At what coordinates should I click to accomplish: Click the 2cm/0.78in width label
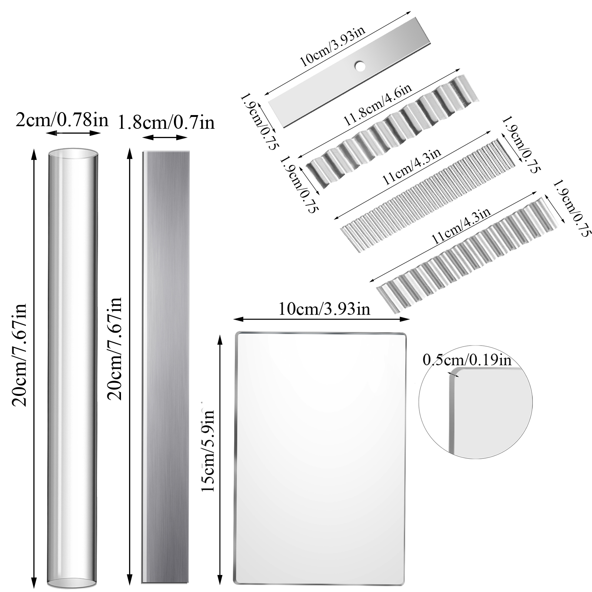(62, 120)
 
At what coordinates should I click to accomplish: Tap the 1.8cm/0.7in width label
(166, 122)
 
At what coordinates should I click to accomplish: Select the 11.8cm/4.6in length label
(378, 105)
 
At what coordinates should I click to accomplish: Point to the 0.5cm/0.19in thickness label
(467, 360)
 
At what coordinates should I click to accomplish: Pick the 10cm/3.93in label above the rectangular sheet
(324, 309)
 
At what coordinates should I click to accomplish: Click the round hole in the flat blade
(359, 66)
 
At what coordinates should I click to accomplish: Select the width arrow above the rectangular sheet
(322, 319)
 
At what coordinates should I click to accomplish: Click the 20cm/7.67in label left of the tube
(19, 355)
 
